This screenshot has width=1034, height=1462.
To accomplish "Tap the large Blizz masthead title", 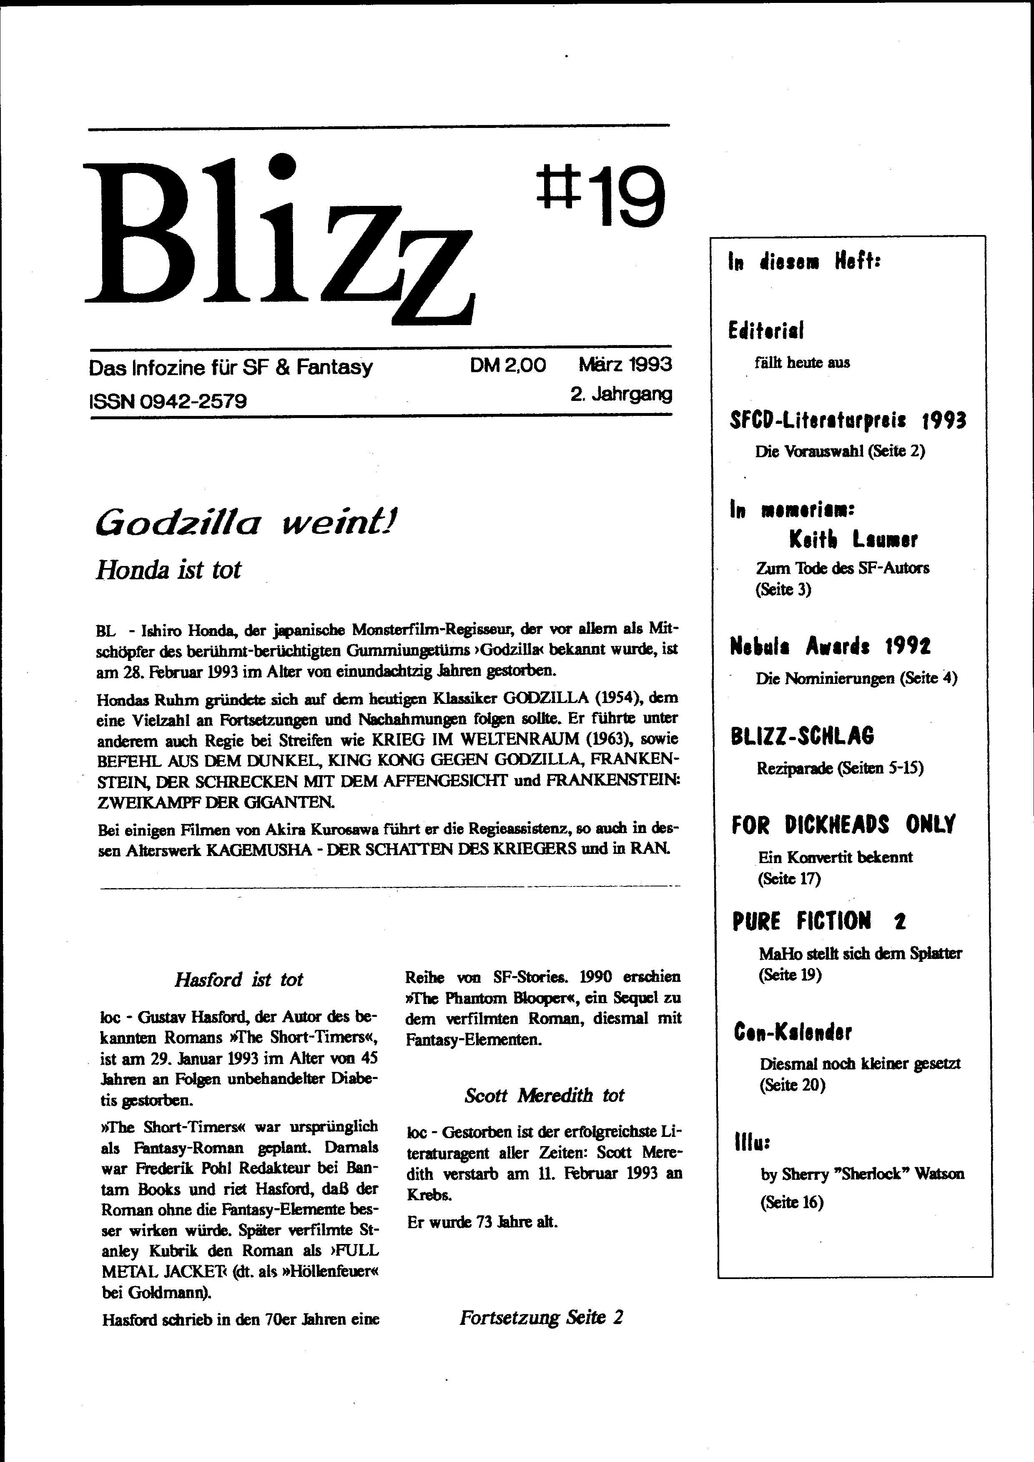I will (280, 242).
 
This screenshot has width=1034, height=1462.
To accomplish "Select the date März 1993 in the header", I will (625, 364).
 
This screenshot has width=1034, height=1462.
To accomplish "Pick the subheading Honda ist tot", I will (168, 569).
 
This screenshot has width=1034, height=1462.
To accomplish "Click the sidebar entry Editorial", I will (766, 330).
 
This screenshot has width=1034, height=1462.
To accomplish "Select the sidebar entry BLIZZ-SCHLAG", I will (802, 736).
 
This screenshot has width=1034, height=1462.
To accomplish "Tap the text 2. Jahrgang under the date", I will (621, 394).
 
